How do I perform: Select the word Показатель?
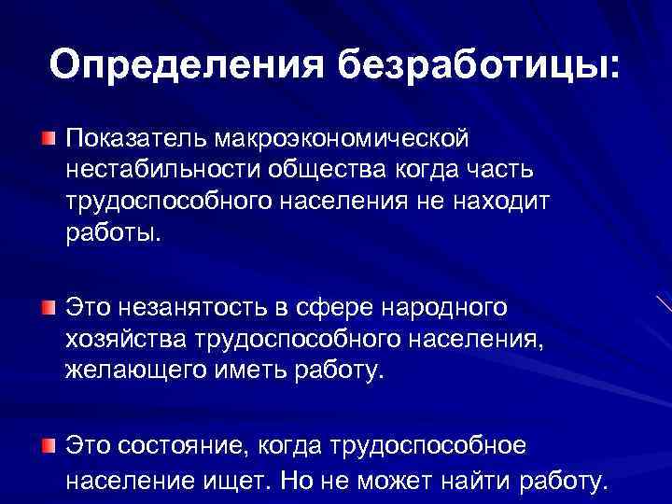[136, 139]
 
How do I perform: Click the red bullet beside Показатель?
[48, 139]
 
